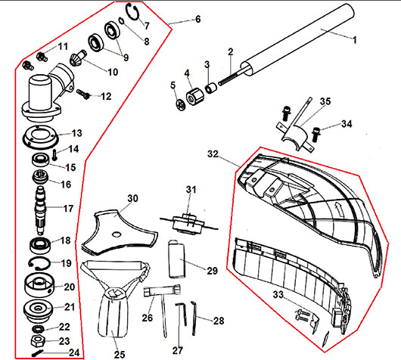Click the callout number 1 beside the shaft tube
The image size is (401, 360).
(x=354, y=40)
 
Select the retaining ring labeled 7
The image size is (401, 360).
(x=133, y=12)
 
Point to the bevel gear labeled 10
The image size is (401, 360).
(x=78, y=58)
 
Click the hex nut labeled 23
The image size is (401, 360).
(x=38, y=341)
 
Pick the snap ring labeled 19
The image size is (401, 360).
(x=39, y=263)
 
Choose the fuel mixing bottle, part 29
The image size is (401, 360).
(x=176, y=259)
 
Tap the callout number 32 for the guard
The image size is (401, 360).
(x=213, y=154)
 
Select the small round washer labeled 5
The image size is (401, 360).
(x=181, y=105)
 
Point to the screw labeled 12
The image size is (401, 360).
(x=83, y=94)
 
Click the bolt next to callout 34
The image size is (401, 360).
(x=316, y=134)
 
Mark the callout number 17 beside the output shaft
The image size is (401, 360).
(x=68, y=209)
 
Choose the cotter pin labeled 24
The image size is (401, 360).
(x=38, y=353)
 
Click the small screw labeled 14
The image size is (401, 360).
(x=54, y=155)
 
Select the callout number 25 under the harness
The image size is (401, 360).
(x=120, y=355)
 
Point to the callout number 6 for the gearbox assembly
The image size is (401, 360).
(x=198, y=19)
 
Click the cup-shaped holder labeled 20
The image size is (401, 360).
(x=39, y=285)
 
